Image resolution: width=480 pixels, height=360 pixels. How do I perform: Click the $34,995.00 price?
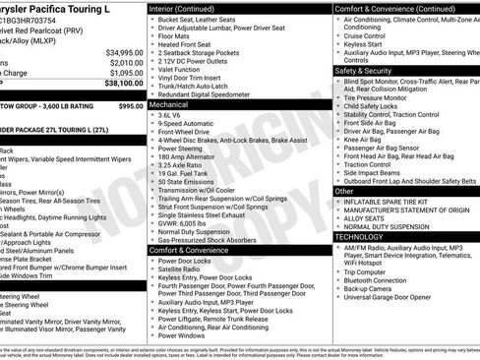pos(118,52)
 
